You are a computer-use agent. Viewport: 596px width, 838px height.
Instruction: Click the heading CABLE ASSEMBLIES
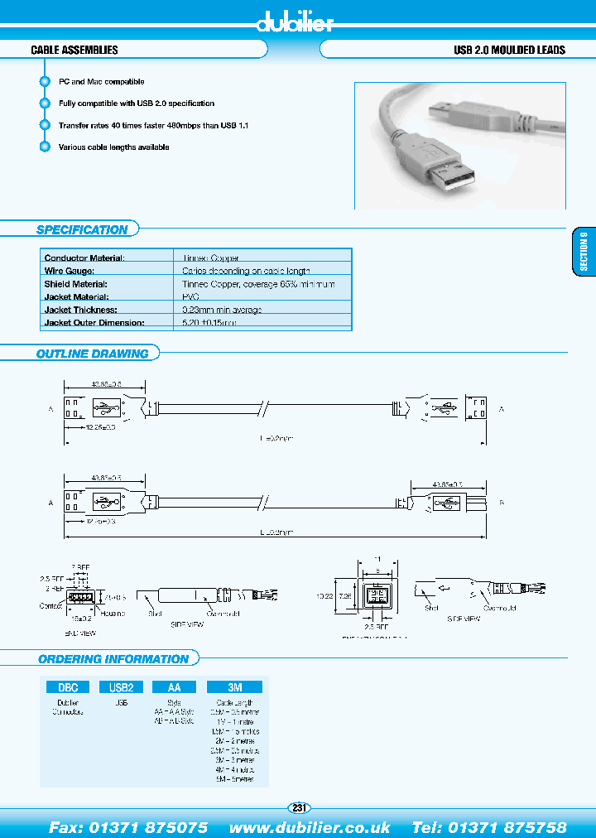(x=74, y=51)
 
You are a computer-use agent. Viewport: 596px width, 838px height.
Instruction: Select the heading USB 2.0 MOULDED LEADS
(x=509, y=51)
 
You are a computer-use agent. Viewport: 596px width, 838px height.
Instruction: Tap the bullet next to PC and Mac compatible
(x=45, y=82)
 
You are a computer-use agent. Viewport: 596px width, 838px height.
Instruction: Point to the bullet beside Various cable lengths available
(x=45, y=147)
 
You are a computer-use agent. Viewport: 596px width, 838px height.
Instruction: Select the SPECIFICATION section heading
(x=82, y=230)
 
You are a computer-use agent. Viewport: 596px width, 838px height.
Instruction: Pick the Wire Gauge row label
(x=70, y=271)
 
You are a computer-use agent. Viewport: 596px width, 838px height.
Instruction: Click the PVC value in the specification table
(x=191, y=296)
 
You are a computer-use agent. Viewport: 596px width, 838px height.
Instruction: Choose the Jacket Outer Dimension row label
(x=94, y=322)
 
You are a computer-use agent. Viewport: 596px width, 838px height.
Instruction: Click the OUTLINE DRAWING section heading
(x=92, y=354)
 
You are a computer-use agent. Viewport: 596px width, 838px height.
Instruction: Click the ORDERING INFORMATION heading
(x=113, y=659)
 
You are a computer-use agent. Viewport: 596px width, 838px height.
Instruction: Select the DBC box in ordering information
(x=67, y=686)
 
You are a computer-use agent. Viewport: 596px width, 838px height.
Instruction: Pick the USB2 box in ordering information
(x=121, y=686)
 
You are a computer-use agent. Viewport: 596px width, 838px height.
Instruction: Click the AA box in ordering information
(x=175, y=686)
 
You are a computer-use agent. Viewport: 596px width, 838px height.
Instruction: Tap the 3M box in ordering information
(x=233, y=686)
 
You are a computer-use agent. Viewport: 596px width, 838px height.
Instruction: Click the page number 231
(x=299, y=808)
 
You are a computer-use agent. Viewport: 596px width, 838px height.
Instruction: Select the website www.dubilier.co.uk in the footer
(x=310, y=827)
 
